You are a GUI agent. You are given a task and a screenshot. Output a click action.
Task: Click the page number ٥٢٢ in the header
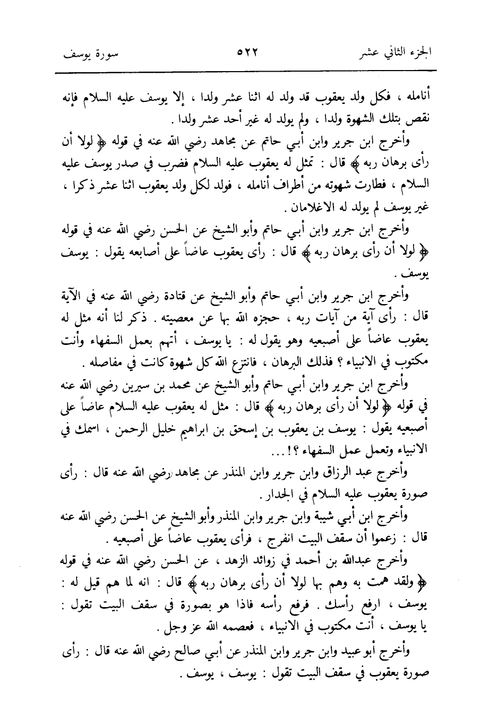248,53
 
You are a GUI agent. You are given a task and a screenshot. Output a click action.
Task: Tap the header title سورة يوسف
87,54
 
